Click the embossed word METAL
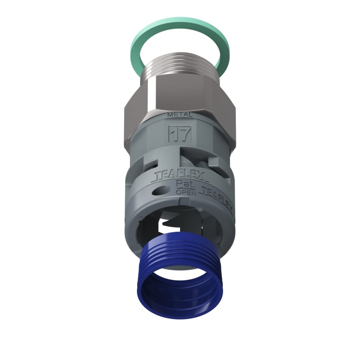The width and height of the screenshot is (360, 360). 180,115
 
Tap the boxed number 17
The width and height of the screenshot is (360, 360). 180,133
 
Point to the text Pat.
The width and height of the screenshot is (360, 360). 183,184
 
